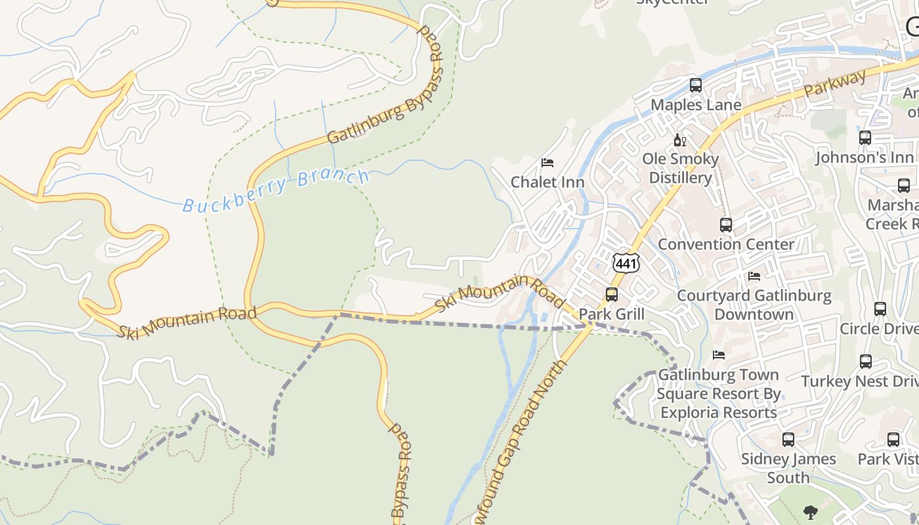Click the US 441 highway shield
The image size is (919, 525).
(x=626, y=263)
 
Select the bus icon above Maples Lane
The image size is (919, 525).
(x=696, y=85)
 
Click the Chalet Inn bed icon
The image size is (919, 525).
(x=547, y=163)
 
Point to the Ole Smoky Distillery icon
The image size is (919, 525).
(x=679, y=140)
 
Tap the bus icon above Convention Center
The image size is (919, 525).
(x=726, y=225)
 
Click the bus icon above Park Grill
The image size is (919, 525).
(x=612, y=295)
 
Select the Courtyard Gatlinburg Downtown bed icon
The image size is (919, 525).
(x=754, y=276)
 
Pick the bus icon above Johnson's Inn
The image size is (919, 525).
(x=865, y=138)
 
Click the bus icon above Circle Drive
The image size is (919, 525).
(x=880, y=308)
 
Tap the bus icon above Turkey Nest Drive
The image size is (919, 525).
(x=866, y=361)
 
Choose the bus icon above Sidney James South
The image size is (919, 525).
(x=788, y=440)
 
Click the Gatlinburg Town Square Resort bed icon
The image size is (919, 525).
(x=719, y=355)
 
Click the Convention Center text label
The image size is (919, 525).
(x=726, y=244)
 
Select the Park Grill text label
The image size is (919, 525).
(x=612, y=314)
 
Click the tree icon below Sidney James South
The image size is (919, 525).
(x=811, y=513)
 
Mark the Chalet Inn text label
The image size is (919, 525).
(x=547, y=182)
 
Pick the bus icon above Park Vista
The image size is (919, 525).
(x=893, y=440)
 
